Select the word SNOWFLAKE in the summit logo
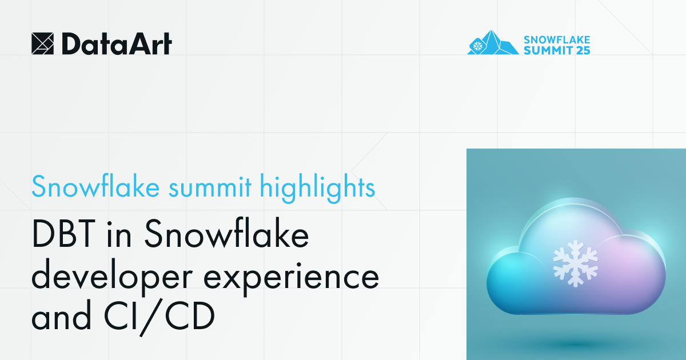pyautogui.click(x=557, y=39)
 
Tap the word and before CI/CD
pyautogui.click(x=60, y=318)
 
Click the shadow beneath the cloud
pyautogui.click(x=575, y=343)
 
